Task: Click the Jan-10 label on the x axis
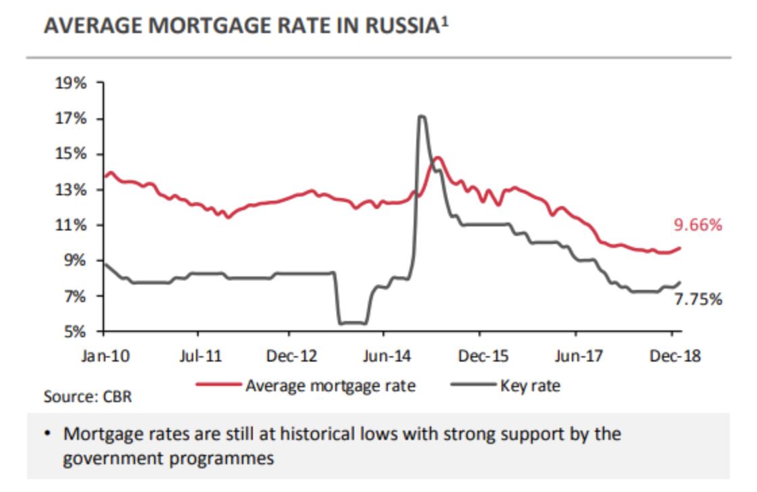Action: pyautogui.click(x=104, y=356)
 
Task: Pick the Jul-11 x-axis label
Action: pyautogui.click(x=198, y=356)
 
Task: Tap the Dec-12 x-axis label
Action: pyautogui.click(x=289, y=356)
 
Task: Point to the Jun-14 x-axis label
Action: pyautogui.click(x=383, y=356)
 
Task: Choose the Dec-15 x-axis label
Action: pyautogui.click(x=479, y=356)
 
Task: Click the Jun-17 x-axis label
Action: pyautogui.click(x=576, y=356)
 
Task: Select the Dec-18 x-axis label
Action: pyautogui.click(x=672, y=356)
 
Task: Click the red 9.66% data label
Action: pyautogui.click(x=698, y=225)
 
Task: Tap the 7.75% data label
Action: pyautogui.click(x=698, y=298)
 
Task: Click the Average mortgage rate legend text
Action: pyautogui.click(x=331, y=386)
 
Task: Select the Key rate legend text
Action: pyautogui.click(x=531, y=386)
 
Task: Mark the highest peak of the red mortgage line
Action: pyautogui.click(x=438, y=157)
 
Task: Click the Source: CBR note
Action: pyautogui.click(x=88, y=396)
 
